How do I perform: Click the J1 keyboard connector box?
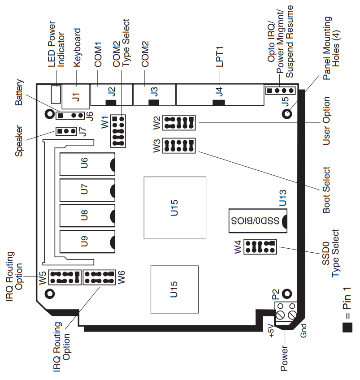click(76, 96)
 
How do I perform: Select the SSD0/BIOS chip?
click(258, 220)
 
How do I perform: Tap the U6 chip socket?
click(87, 164)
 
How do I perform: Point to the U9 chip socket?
click(87, 242)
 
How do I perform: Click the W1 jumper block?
click(118, 131)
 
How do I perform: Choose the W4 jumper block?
click(260, 246)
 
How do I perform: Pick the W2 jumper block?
click(179, 123)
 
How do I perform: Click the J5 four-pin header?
click(281, 91)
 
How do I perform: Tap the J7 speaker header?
click(66, 131)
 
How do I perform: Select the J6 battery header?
click(70, 115)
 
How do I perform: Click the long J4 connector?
click(220, 95)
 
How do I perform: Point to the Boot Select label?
click(326, 190)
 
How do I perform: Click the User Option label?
click(326, 121)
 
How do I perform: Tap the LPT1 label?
click(219, 57)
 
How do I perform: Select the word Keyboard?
click(77, 47)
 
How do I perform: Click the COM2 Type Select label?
click(121, 43)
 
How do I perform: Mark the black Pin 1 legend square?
click(347, 328)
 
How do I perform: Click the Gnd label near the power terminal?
click(303, 331)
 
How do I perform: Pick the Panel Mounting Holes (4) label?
click(331, 48)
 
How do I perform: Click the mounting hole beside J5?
click(287, 113)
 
